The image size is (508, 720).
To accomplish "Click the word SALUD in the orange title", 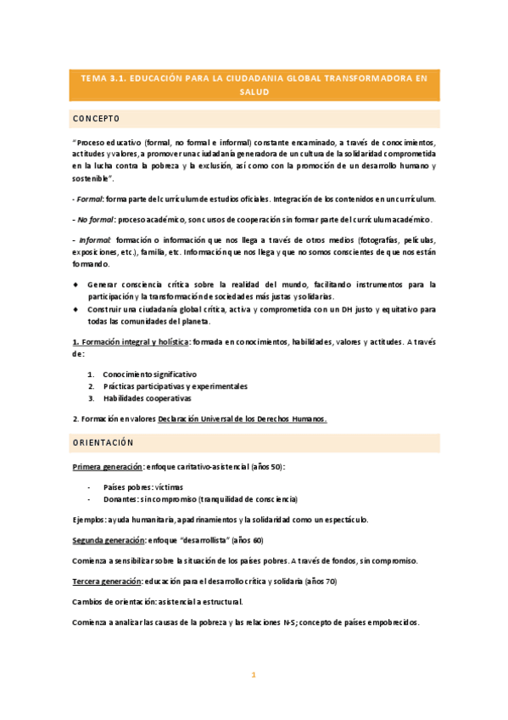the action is pyautogui.click(x=254, y=92).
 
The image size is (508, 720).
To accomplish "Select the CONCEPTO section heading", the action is pyautogui.click(x=96, y=118).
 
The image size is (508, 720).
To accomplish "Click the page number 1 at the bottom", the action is pyautogui.click(x=253, y=675).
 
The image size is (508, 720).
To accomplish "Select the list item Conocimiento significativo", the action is pyautogui.click(x=149, y=374).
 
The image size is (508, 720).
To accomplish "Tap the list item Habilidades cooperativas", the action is pyautogui.click(x=147, y=397).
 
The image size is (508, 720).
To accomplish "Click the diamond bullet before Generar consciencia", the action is pyautogui.click(x=75, y=284).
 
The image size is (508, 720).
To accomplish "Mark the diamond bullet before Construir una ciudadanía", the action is pyautogui.click(x=75, y=310).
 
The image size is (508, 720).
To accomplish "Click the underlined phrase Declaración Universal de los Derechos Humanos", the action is pyautogui.click(x=243, y=419).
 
